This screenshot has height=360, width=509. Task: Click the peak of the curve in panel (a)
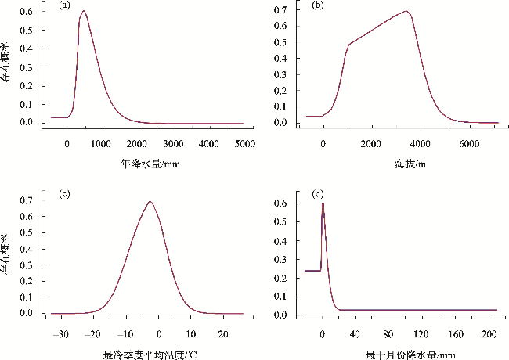tap(83, 12)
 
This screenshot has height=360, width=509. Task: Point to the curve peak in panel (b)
tap(406, 11)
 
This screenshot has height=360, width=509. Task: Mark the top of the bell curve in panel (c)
tap(150, 202)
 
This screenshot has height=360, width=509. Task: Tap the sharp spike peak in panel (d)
tap(323, 203)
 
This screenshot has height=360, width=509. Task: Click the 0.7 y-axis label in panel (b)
tap(280, 10)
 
